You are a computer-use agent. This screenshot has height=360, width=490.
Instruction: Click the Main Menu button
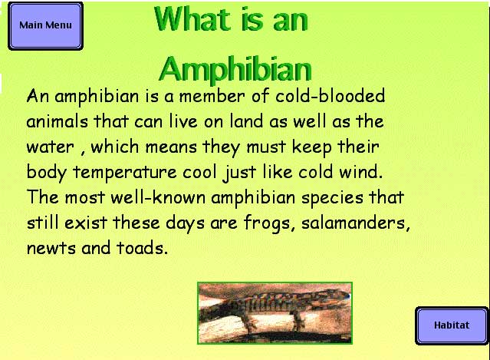coord(45,25)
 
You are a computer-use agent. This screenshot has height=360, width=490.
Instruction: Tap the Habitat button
coord(452,325)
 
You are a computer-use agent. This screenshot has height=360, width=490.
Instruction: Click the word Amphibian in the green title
coord(235,69)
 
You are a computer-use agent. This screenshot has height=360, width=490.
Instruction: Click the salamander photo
coord(275,313)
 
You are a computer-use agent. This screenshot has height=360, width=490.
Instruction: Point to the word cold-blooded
coord(330,96)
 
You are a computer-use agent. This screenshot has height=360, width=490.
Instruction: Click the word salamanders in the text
coord(356,223)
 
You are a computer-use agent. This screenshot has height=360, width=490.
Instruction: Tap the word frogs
coord(269,224)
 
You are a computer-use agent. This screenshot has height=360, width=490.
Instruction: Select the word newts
coord(51,249)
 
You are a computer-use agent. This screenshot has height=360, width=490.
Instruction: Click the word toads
coord(142,248)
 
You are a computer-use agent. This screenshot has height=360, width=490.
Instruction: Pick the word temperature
coord(125,173)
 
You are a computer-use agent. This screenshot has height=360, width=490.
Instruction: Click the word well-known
coord(158,197)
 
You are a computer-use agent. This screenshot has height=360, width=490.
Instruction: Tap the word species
coord(332,199)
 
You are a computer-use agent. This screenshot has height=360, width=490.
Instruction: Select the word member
coord(212,97)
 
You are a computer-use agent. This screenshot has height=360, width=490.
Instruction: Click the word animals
coord(58,121)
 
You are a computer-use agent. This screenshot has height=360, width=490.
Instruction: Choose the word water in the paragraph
coord(51,147)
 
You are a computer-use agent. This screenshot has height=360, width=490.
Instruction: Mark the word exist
coord(86,223)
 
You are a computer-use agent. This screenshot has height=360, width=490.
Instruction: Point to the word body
coord(47,173)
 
